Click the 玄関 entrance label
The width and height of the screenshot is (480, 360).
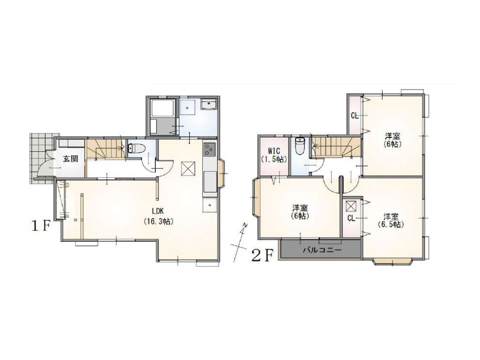(x=70, y=159)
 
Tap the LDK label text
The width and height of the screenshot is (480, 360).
(x=158, y=211)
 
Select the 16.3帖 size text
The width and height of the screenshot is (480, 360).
(x=158, y=221)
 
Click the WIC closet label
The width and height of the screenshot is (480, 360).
(x=274, y=151)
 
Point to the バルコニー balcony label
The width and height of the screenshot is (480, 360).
(x=322, y=250)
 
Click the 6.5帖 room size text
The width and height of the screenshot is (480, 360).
(x=391, y=224)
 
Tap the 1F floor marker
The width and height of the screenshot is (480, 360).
(x=40, y=226)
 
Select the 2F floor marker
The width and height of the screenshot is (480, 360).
(x=262, y=256)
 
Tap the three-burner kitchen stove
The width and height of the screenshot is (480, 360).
(x=210, y=150)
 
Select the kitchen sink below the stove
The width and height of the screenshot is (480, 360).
(x=210, y=181)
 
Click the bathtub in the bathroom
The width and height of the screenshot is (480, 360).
(x=163, y=108)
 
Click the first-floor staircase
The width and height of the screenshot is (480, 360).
(x=105, y=149)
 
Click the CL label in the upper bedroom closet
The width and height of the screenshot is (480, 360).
(x=355, y=116)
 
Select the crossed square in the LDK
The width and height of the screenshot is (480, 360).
(x=188, y=169)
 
